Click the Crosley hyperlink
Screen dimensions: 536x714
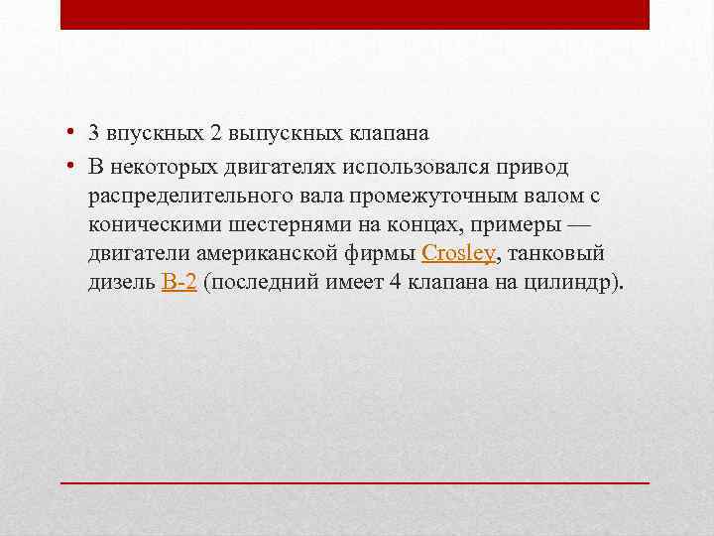458,253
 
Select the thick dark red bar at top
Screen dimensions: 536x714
355,14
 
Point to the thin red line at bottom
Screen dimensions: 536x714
355,481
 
